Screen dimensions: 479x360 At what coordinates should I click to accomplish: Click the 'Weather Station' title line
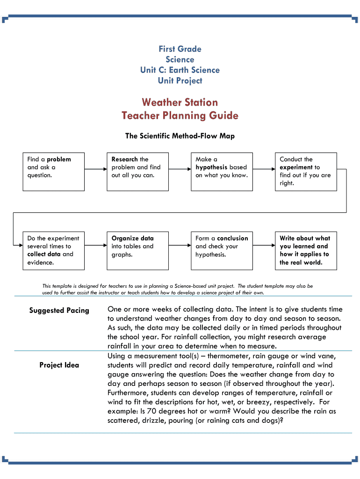[180, 102]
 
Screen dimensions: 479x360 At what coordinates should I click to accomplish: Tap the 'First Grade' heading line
[180, 49]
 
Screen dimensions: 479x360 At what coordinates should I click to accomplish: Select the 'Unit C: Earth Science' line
[180, 70]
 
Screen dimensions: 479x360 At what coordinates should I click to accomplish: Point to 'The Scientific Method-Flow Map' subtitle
[180, 136]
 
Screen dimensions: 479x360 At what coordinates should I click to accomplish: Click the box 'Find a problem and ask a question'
[54, 171]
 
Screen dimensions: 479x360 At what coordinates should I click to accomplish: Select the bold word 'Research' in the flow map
[125, 160]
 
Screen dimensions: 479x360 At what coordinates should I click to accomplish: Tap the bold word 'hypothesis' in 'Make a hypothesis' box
[211, 167]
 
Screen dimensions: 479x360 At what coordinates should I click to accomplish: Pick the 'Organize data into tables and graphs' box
[137, 250]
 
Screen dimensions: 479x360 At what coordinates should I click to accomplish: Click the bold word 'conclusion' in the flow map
[232, 239]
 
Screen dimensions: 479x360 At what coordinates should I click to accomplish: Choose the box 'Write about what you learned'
[305, 250]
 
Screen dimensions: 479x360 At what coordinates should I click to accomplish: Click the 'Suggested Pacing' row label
[59, 311]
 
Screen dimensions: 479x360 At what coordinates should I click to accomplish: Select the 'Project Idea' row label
[59, 365]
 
